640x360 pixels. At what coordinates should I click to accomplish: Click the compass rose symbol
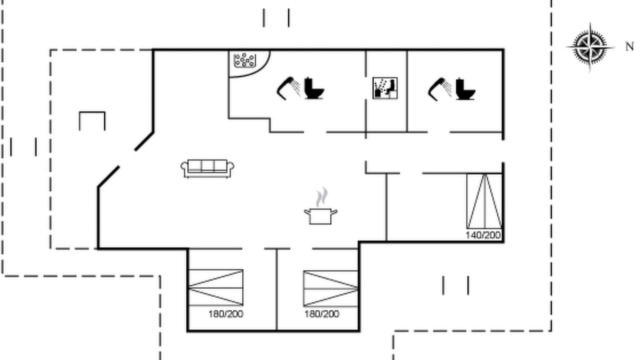tap(590, 47)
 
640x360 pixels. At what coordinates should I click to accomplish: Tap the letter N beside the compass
tap(629, 46)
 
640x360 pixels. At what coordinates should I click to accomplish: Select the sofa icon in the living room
tap(207, 168)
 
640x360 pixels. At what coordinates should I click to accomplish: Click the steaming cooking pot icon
tap(320, 206)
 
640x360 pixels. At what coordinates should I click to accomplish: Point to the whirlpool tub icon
tap(245, 60)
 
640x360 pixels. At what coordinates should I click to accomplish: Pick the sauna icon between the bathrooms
tap(385, 88)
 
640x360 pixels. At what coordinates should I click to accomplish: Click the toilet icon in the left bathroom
tap(314, 88)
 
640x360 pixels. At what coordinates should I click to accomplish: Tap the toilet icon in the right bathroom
tap(465, 88)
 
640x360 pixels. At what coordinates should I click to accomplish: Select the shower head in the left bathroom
tap(288, 88)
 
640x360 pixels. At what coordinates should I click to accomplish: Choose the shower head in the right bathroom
tap(439, 89)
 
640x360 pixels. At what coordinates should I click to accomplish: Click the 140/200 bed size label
tap(483, 235)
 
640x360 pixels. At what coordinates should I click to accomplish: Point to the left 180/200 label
tap(225, 314)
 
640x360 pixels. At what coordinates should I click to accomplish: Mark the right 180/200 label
tap(321, 314)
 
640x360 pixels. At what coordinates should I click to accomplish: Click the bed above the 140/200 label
tap(484, 201)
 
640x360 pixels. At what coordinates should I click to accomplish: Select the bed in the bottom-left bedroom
tap(215, 287)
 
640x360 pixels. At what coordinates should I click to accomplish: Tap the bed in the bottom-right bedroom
tap(330, 288)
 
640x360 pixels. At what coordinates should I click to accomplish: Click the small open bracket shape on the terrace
tap(92, 112)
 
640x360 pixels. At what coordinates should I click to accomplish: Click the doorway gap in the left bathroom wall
tap(315, 132)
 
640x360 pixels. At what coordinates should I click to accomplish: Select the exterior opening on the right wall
tap(503, 151)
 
